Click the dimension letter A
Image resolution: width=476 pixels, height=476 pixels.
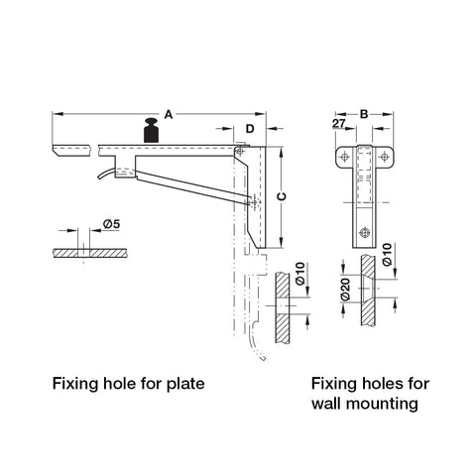point(169,115)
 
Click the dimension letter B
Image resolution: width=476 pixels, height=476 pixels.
point(364,114)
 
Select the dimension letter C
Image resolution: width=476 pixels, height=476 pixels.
point(282,196)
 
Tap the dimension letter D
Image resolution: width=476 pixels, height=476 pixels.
point(250,129)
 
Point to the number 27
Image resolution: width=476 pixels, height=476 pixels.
point(339,124)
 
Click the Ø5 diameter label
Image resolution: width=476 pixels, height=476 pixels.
point(111,224)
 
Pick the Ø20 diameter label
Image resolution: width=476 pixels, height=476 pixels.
point(345,290)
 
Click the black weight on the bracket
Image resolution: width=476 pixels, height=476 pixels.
point(151,130)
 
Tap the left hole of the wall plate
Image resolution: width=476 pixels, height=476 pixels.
point(345,157)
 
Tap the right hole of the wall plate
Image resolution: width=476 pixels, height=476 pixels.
point(384,157)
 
